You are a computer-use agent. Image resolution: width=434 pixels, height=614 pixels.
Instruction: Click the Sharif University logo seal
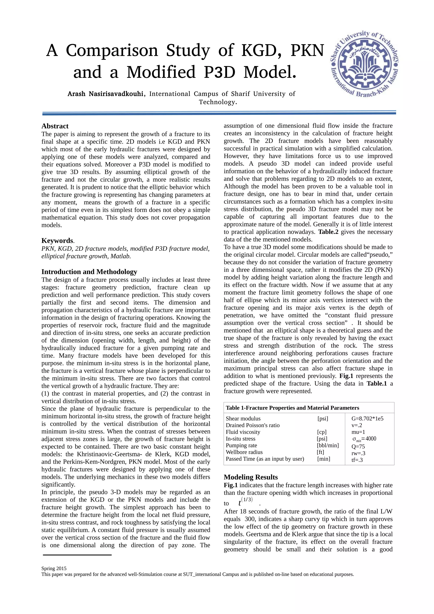tap(364, 64)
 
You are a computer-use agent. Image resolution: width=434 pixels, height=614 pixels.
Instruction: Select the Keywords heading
tap(57, 240)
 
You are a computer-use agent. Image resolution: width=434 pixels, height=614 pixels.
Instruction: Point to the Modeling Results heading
tap(250, 477)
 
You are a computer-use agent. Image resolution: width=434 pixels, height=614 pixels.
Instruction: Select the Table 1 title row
tap(292, 408)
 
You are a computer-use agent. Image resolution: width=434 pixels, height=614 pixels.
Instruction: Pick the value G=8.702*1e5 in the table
tap(367, 418)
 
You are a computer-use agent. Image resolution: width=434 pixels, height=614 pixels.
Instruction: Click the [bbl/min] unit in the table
tap(328, 445)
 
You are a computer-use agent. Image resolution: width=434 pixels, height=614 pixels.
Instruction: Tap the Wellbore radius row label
tap(244, 452)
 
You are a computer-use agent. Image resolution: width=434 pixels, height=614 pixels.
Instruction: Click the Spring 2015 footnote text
tap(54, 568)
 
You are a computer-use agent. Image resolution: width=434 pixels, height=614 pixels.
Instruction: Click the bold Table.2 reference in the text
tap(328, 232)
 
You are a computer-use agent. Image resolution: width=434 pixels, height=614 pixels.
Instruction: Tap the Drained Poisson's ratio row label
tap(252, 425)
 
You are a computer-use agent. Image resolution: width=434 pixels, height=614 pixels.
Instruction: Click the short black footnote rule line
tap(77, 555)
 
